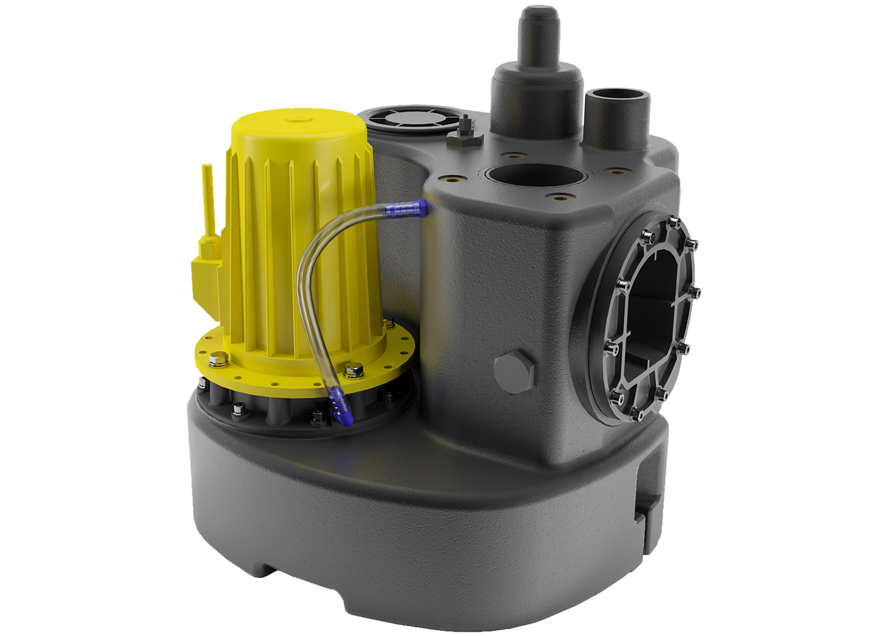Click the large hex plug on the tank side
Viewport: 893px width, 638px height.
515,372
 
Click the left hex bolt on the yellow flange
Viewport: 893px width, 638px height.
219,359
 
